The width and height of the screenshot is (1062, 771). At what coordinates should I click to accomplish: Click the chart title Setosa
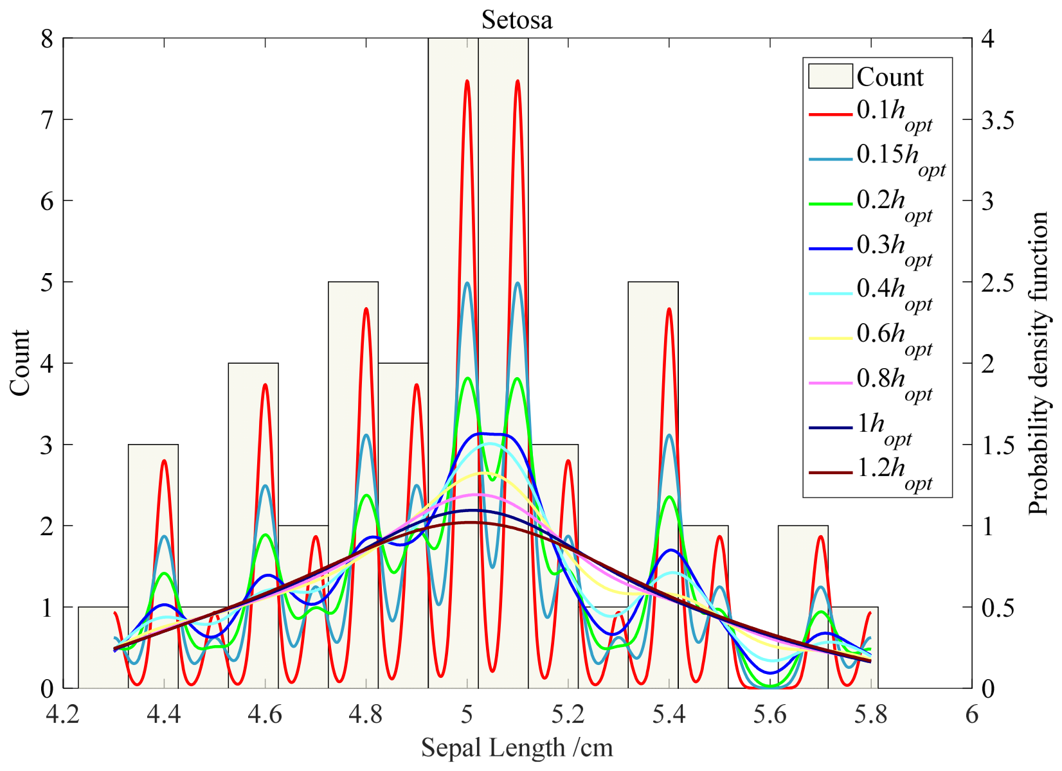pos(517,20)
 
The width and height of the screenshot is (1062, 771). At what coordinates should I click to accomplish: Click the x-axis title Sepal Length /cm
pos(517,747)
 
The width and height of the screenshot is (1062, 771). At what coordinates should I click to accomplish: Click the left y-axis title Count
pos(20,363)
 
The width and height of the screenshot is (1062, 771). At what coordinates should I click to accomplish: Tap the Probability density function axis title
pos(1038,363)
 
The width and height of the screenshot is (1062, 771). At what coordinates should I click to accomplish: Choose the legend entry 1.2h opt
pos(894,472)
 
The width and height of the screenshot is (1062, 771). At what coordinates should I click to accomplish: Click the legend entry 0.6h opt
pos(894,337)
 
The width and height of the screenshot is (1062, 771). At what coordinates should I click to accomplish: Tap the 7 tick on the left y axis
pos(47,120)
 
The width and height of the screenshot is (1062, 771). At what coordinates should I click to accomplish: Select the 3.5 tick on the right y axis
pos(996,120)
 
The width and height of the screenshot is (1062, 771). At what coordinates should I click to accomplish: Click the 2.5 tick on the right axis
pos(996,282)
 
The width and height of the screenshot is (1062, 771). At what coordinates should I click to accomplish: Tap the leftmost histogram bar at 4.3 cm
pos(103,649)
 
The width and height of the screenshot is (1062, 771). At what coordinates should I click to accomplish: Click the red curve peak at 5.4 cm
pos(669,309)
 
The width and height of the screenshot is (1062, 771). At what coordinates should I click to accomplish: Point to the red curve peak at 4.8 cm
pos(366,309)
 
